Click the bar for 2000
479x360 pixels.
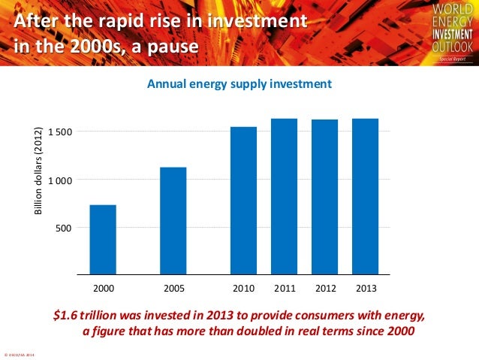pos(103,239)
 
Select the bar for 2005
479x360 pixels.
pos(173,220)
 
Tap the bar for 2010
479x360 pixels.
pos(244,200)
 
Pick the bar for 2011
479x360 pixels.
pos(285,196)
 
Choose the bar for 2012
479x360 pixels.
pos(325,196)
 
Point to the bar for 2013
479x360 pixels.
pos(366,196)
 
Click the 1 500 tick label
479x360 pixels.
pos(59,132)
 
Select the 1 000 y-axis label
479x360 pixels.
pos(59,180)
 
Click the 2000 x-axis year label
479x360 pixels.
pos(103,288)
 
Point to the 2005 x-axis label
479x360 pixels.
pos(173,288)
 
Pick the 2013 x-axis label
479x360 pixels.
pos(366,288)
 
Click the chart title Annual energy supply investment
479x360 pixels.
pos(239,84)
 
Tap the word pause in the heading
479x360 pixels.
pos(174,47)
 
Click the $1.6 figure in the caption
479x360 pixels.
pos(66,315)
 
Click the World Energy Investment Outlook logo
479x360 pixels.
pos(450,32)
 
